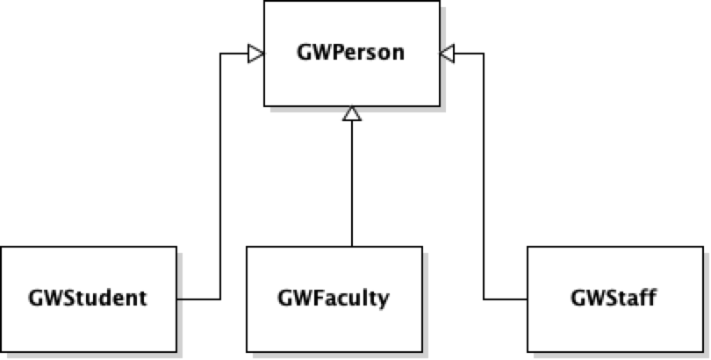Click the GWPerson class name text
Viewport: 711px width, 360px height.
[x=351, y=54]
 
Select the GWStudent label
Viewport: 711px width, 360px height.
[x=89, y=299]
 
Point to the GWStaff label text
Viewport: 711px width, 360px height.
[x=614, y=299]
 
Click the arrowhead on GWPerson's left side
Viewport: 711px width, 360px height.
[x=256, y=54]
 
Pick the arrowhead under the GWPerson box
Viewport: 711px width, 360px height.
[x=351, y=114]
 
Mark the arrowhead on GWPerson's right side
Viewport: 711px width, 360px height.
[x=447, y=54]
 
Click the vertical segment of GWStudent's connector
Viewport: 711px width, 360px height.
[x=220, y=176]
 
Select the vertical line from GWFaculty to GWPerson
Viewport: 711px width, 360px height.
[x=351, y=184]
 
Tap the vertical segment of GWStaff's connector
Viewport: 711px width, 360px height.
[x=483, y=176]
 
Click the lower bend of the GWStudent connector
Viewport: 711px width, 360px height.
[x=220, y=299]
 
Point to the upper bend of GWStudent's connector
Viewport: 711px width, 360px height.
[x=220, y=54]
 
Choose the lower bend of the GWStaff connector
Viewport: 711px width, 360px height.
[x=483, y=299]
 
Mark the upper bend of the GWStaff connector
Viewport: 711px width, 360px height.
[x=483, y=54]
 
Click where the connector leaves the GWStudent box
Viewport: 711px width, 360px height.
[x=178, y=299]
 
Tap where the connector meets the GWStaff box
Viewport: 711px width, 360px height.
[x=527, y=299]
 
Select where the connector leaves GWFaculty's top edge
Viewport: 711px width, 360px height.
[x=351, y=246]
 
